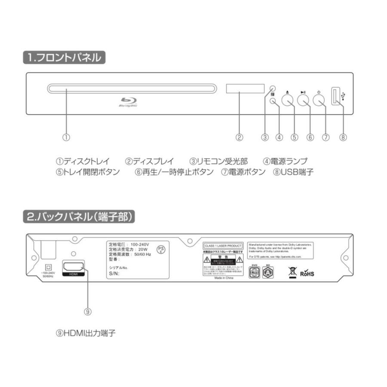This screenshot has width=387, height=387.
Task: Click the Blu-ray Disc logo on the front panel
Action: tap(128, 101)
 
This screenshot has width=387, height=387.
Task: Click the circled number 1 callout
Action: tap(66, 138)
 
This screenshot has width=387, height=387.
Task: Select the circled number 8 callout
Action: tap(343, 138)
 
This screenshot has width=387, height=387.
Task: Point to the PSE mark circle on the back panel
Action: tap(160, 250)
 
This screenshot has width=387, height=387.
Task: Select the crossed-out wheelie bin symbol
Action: tap(293, 272)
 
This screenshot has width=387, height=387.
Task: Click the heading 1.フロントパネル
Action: tap(64, 58)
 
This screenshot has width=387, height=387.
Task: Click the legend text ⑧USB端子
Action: tap(294, 172)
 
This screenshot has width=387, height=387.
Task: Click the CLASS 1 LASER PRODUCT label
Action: tap(223, 246)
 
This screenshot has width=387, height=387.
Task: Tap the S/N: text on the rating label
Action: tap(114, 273)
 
